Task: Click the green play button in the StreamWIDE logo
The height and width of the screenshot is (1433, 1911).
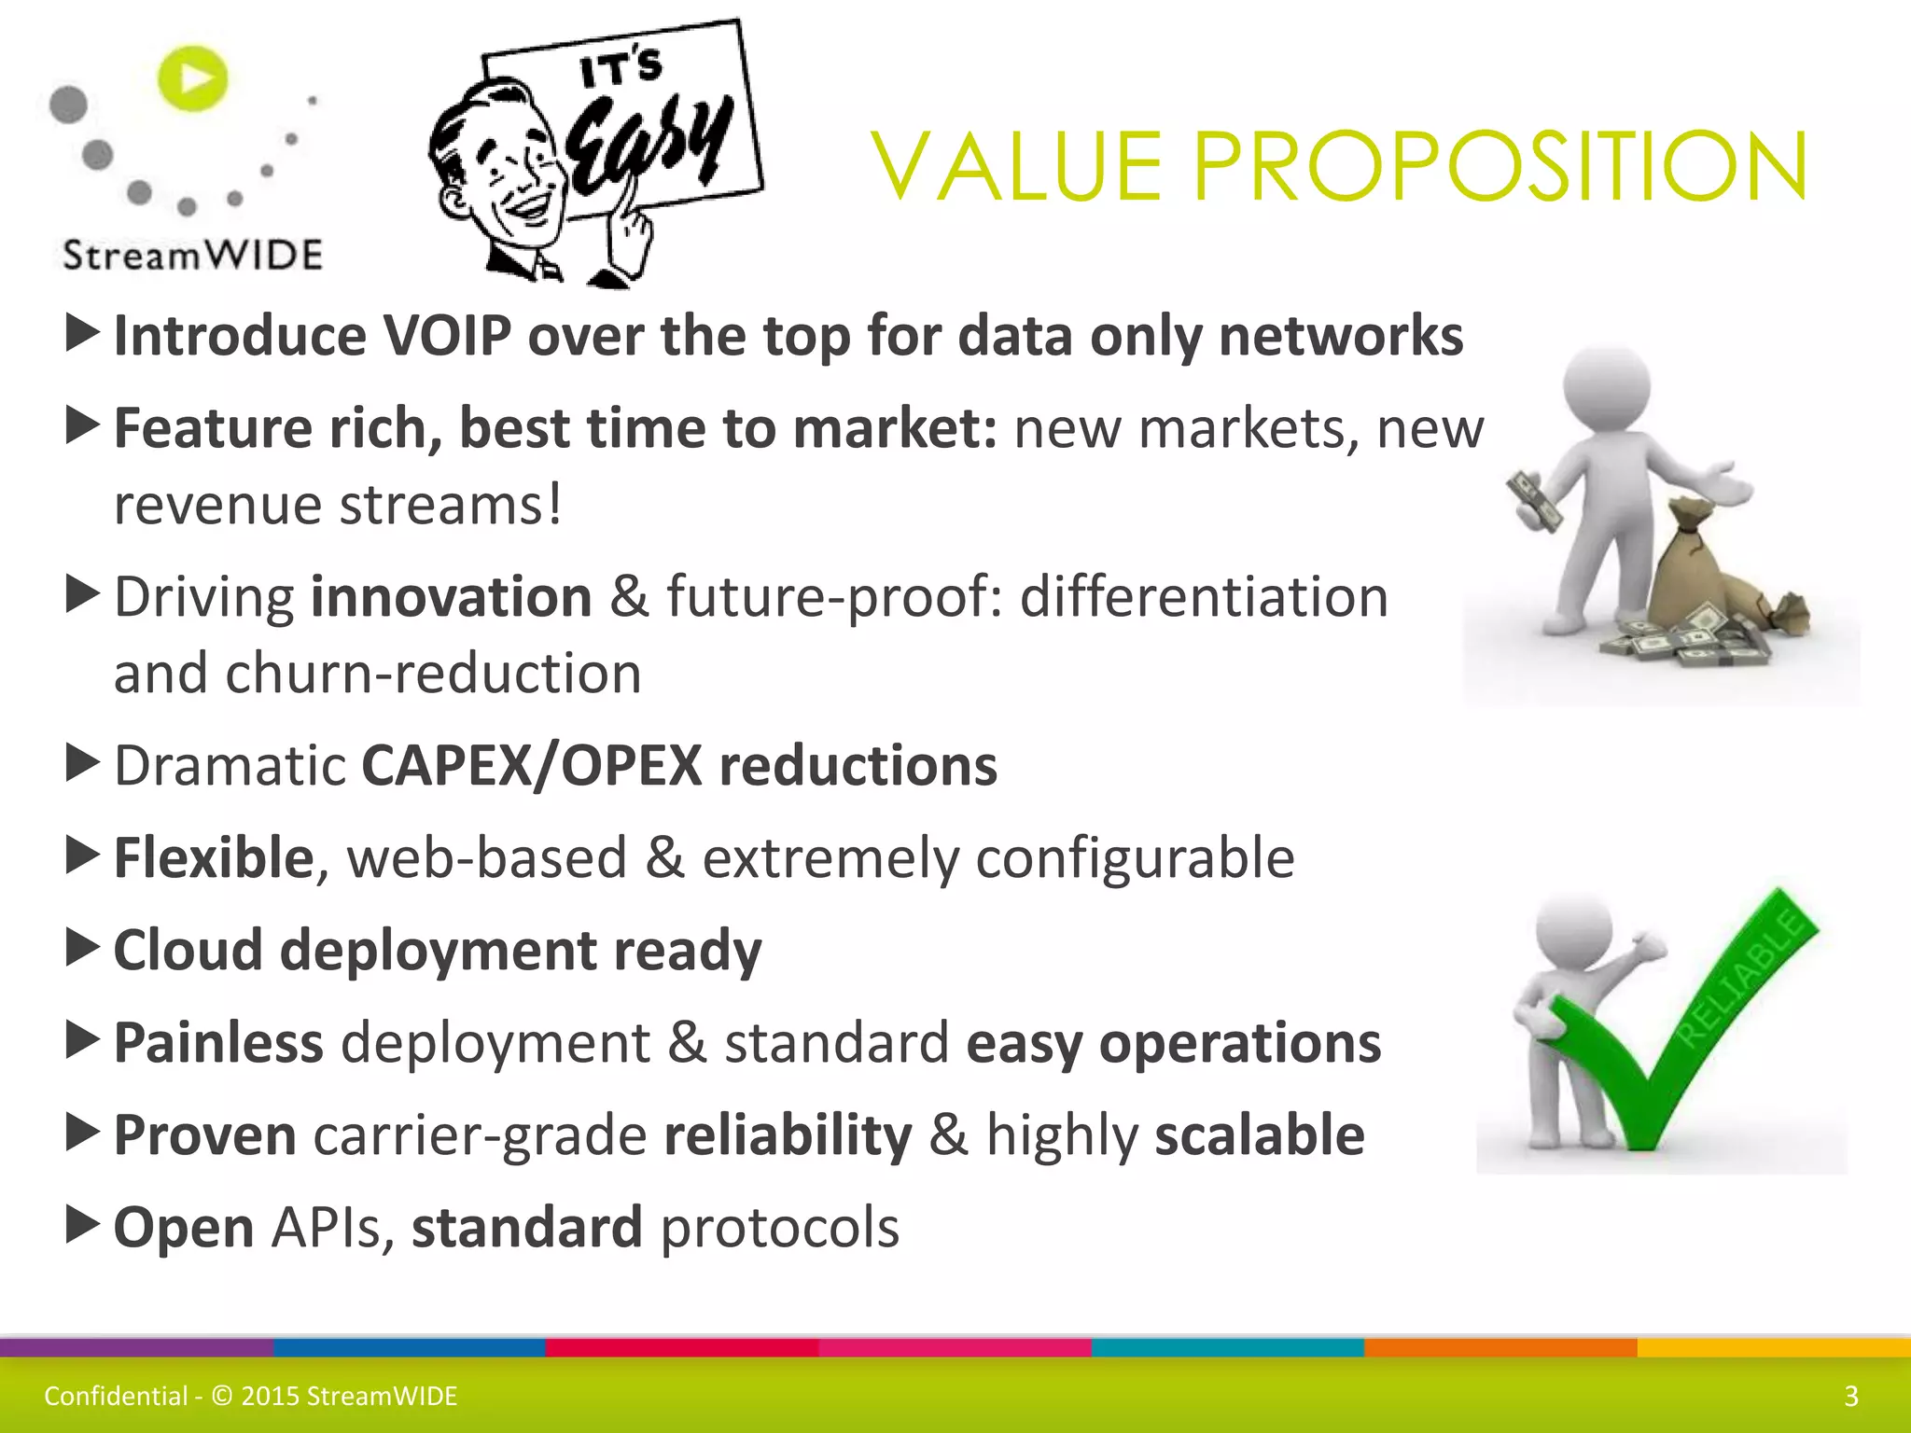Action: tap(193, 78)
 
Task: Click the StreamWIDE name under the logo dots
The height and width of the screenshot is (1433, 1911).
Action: tap(192, 255)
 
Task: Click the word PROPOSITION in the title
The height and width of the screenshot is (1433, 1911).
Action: tap(1500, 168)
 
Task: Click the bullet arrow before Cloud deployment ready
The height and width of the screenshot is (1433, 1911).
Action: tap(83, 948)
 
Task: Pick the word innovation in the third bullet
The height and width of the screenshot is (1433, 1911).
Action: tap(451, 597)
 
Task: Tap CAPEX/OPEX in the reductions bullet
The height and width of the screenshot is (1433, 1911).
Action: tap(531, 766)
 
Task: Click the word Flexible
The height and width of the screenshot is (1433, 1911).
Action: tap(213, 858)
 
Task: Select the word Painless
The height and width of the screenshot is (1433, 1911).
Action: tap(218, 1043)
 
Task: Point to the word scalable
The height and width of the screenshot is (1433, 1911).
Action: tap(1260, 1135)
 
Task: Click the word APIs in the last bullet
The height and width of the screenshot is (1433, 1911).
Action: tap(326, 1228)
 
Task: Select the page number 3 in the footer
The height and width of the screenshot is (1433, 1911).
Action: tap(1851, 1397)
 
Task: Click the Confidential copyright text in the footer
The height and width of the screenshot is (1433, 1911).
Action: tap(251, 1397)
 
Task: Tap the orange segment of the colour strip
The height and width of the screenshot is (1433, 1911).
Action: tap(1500, 1347)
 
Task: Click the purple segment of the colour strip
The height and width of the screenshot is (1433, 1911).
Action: tap(136, 1347)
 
